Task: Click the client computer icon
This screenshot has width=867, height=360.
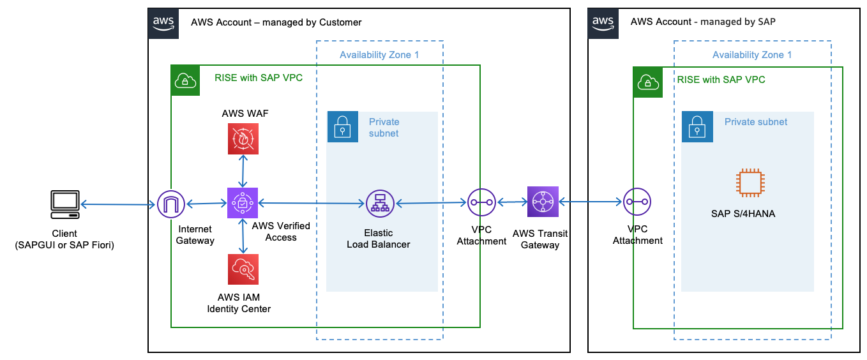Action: (x=65, y=203)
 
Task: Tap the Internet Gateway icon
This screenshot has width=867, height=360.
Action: (x=171, y=204)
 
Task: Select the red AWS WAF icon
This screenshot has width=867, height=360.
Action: (x=243, y=139)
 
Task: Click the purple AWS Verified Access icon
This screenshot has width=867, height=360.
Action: (x=243, y=203)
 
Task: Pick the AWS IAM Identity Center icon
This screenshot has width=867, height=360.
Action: (x=243, y=269)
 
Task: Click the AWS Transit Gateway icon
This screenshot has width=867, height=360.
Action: (x=543, y=202)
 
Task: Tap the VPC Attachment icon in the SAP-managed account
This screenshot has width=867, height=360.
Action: (x=637, y=202)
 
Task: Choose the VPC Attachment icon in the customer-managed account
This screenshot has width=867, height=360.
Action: (x=481, y=202)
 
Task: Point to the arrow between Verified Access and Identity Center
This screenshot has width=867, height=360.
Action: (x=243, y=236)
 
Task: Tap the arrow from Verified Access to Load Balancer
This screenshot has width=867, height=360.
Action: (x=311, y=204)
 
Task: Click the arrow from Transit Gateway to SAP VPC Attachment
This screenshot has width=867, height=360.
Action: (x=591, y=202)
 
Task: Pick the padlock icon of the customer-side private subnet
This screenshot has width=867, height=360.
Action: (x=343, y=127)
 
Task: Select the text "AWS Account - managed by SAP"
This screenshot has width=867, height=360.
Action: (x=703, y=22)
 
